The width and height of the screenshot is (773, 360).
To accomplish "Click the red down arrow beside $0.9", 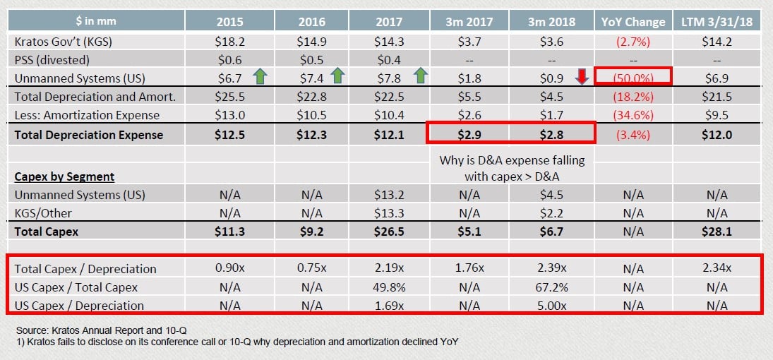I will click(582, 77).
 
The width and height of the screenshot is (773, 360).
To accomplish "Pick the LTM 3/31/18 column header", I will click(717, 22).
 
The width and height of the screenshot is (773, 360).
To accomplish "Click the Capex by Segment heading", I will click(64, 176).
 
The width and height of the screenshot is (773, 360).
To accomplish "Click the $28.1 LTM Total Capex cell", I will click(717, 231).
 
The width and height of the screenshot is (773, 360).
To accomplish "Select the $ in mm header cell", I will click(95, 22).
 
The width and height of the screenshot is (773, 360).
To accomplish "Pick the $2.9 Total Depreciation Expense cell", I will click(472, 135).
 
